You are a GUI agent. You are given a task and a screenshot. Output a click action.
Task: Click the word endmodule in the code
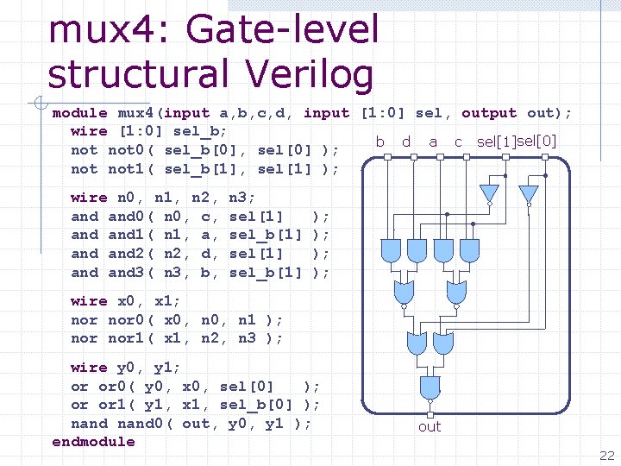[94, 442]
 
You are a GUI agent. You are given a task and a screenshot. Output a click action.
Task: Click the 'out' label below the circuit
[430, 426]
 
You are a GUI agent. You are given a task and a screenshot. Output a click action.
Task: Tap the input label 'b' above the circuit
[379, 142]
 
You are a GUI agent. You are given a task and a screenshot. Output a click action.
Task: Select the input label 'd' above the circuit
[405, 142]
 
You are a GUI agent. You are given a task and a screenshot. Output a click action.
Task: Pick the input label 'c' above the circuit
[458, 142]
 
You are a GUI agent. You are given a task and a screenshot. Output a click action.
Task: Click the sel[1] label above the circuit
[497, 142]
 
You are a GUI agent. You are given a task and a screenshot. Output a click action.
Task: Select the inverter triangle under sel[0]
[528, 194]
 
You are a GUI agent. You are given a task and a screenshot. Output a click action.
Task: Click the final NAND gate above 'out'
[430, 387]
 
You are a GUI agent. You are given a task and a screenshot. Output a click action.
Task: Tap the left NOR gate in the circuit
[404, 294]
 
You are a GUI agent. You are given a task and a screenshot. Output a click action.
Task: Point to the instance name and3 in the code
[127, 273]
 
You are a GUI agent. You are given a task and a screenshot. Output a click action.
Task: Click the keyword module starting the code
[79, 113]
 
